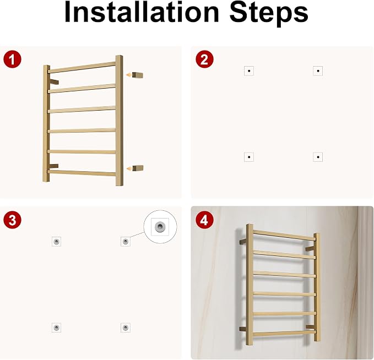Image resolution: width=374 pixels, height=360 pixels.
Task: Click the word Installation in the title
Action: pos(142,13)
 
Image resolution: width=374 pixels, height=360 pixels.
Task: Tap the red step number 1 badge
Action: pos(12,59)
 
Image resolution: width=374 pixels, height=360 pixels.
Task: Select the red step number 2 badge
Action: pos(204,59)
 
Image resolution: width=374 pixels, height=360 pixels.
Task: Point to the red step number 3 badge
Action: pos(12,220)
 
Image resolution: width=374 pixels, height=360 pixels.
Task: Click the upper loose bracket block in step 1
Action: pos(137,75)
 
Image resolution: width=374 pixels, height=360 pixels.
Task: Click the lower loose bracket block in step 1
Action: pos(137,168)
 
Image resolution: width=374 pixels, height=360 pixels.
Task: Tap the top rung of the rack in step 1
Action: pos(82,68)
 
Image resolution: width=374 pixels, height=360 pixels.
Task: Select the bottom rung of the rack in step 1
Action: pos(82,173)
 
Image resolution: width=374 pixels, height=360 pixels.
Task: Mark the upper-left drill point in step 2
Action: pos(249,71)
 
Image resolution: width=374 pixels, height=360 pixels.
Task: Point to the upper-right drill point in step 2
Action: pos(318,71)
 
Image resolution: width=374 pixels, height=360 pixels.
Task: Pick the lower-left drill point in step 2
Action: pos(249,157)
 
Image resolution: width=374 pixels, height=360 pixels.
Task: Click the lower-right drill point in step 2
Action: pos(318,157)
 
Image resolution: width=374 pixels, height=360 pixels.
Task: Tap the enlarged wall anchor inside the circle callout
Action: pos(160,226)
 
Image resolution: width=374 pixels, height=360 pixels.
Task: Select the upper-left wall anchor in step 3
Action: pos(56,242)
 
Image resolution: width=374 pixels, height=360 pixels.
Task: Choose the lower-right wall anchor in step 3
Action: pos(125,328)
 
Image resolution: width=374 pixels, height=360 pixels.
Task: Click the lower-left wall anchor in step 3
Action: pos(56,328)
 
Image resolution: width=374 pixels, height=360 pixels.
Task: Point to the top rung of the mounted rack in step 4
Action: pos(284,235)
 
